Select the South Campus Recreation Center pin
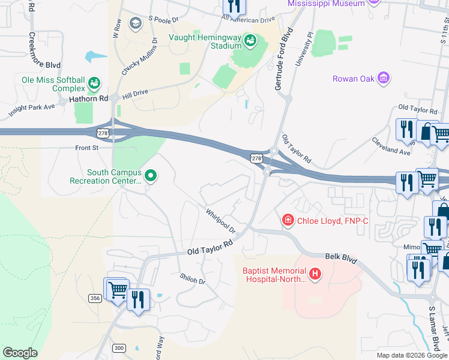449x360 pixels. [151, 176]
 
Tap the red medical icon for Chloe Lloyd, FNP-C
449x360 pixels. [288, 221]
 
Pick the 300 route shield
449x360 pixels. [119, 348]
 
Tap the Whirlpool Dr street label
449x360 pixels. [220, 221]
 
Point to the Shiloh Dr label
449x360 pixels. [192, 279]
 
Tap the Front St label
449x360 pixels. [86, 148]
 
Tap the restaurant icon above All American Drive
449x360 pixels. [234, 6]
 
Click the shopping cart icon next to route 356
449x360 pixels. [117, 290]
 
